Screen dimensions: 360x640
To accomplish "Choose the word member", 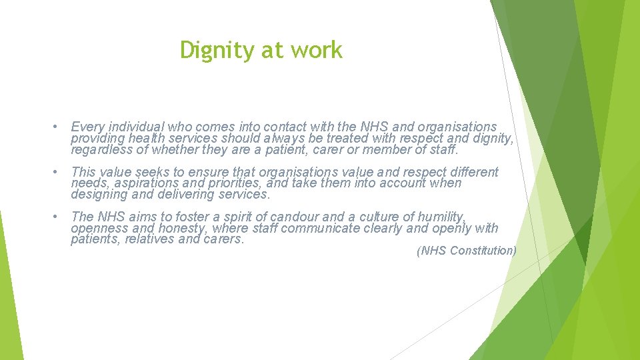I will (x=406, y=149).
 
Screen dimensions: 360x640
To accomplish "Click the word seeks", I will (x=153, y=172).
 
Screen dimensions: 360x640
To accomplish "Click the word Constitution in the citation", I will (x=483, y=251).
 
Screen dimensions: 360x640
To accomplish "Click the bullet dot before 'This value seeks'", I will (x=59, y=172).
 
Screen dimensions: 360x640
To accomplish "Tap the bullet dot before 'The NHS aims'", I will (x=59, y=217).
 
